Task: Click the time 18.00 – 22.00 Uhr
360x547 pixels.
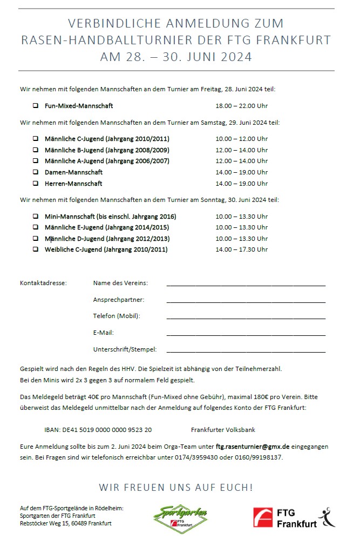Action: (241, 106)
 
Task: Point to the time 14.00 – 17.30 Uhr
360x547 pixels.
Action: (241, 249)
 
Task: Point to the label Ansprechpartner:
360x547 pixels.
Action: (119, 300)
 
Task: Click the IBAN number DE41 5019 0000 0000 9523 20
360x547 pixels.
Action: (98, 430)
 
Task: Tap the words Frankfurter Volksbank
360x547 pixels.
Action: (223, 430)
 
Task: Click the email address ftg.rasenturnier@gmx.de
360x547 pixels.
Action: (253, 447)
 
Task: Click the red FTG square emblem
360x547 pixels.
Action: (263, 517)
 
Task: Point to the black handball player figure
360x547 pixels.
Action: (327, 517)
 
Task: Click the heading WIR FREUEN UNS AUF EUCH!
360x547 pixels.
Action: (176, 488)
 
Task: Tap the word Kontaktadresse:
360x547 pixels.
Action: (43, 283)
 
